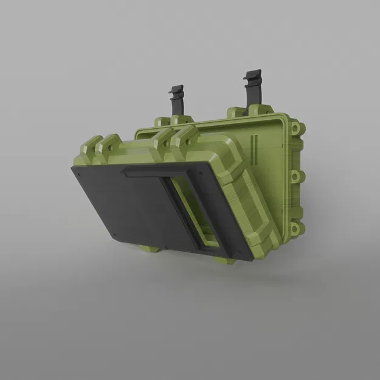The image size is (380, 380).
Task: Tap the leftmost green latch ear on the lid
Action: tap(91, 146)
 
